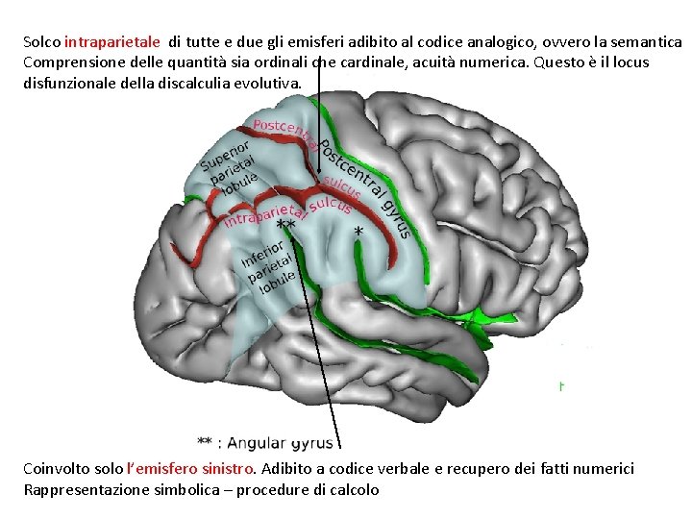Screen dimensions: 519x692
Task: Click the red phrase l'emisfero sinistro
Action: pos(191,469)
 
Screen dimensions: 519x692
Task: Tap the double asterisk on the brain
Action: pos(285,224)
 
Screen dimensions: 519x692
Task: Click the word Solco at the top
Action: pos(41,42)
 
